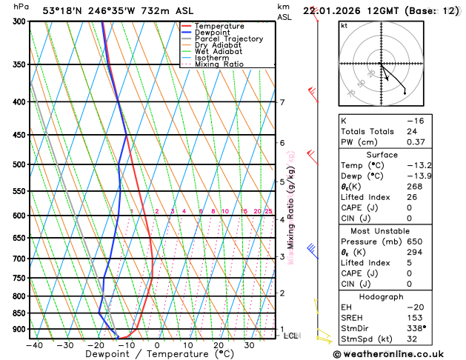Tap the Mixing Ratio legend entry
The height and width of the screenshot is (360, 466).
tap(219, 64)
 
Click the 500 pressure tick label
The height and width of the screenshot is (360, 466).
tap(19, 164)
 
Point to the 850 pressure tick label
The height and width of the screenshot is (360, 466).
tap(19, 313)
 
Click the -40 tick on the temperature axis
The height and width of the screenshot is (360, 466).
tap(33, 345)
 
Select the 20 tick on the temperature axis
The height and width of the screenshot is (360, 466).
tap(218, 345)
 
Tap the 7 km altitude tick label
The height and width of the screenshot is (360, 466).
tap(282, 102)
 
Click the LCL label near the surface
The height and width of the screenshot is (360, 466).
tap(291, 336)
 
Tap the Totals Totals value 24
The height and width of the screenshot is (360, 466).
tap(412, 131)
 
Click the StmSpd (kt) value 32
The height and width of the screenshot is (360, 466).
tap(412, 339)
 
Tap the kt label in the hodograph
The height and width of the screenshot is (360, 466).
tap(344, 25)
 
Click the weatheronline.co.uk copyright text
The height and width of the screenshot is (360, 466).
tap(397, 354)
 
